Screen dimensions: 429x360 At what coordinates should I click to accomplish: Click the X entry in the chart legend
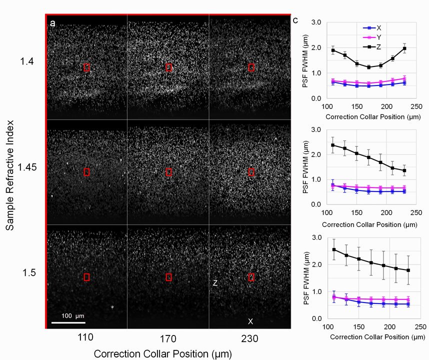[x=372, y=28]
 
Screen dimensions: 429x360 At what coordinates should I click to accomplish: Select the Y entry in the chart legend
[x=372, y=37]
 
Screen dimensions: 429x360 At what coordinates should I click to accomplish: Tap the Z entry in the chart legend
[x=372, y=47]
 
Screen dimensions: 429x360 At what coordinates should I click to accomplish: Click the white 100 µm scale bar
[x=68, y=322]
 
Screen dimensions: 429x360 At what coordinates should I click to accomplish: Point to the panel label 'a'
[x=52, y=23]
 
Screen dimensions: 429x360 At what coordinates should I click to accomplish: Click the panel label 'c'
[x=295, y=20]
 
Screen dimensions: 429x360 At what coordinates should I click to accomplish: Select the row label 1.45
[x=27, y=167]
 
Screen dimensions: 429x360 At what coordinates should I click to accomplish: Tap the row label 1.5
[x=29, y=272]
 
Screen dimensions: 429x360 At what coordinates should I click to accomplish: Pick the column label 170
[x=168, y=339]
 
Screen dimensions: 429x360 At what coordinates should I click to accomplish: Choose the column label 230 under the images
[x=250, y=339]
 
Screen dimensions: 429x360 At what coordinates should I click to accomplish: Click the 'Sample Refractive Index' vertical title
[x=10, y=175]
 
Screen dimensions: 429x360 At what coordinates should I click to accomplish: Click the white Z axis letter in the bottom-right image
[x=215, y=283]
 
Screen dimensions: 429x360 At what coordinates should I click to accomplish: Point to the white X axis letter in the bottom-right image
[x=250, y=321]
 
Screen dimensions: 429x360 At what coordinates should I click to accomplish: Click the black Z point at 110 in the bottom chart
[x=334, y=250]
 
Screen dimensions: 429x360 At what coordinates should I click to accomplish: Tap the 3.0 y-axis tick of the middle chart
[x=316, y=129]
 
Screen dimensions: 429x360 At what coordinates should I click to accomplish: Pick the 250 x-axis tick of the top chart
[x=416, y=106]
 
